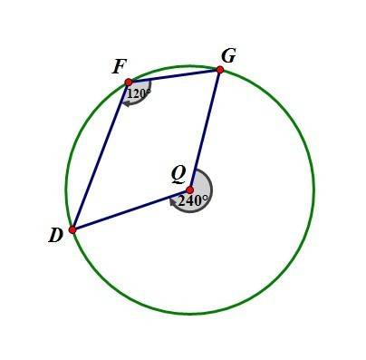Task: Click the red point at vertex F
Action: pos(129,82)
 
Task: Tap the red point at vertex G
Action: pos(220,70)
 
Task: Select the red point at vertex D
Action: pos(72,229)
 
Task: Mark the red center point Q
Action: pos(190,190)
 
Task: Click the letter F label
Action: pos(119,67)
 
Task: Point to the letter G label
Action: pos(228,55)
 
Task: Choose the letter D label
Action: pos(56,235)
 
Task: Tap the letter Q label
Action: pos(178,175)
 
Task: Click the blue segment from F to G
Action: pos(174,76)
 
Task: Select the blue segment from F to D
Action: pos(101,156)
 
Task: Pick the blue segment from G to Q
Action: pos(205,130)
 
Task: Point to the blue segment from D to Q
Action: pos(131,209)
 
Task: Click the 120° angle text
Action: pos(139,94)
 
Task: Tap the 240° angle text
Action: pos(193,200)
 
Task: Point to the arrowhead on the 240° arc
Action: pos(173,201)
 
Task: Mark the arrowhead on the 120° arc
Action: pos(126,103)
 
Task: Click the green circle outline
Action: pos(314,190)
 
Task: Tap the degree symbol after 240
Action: pos(205,198)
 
